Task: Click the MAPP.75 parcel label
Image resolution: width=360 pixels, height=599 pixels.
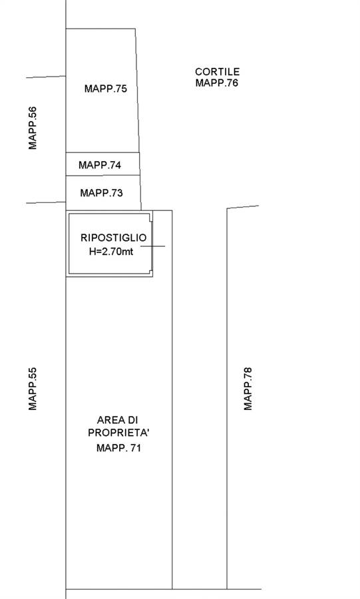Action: pyautogui.click(x=106, y=89)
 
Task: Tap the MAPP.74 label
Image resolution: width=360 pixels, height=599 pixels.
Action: pyautogui.click(x=100, y=165)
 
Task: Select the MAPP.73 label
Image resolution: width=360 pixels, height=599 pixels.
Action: pyautogui.click(x=102, y=193)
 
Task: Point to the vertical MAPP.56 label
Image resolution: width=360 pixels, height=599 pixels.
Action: pyautogui.click(x=33, y=128)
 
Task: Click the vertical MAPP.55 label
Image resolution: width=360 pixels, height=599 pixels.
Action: pyautogui.click(x=33, y=389)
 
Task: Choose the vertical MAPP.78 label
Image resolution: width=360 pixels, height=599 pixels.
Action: pyautogui.click(x=248, y=389)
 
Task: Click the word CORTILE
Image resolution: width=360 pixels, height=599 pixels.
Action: pyautogui.click(x=217, y=71)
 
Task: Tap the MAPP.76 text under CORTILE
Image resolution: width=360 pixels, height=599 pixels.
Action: pyautogui.click(x=217, y=83)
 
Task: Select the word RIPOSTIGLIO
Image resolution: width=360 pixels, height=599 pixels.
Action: pyautogui.click(x=113, y=238)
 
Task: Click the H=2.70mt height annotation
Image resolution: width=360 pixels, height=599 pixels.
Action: pyautogui.click(x=111, y=252)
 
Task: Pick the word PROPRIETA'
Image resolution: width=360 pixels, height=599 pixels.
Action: pyautogui.click(x=118, y=433)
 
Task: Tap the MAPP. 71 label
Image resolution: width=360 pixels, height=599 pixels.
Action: pyautogui.click(x=118, y=448)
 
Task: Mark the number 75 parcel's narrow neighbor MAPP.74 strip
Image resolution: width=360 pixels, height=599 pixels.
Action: pyautogui.click(x=102, y=164)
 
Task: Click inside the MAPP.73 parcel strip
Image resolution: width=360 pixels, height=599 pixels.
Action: pyautogui.click(x=103, y=193)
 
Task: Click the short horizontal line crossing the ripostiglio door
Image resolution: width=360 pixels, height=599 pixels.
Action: pyautogui.click(x=152, y=246)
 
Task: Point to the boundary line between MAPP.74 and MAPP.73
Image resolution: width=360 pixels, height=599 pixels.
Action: pyautogui.click(x=103, y=176)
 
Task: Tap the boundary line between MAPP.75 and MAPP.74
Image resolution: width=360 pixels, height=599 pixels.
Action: pyautogui.click(x=102, y=152)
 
